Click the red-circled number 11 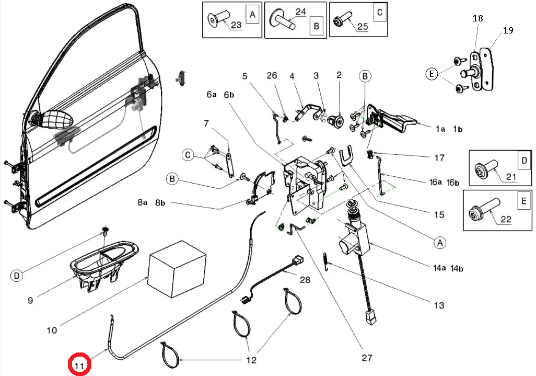coord(79,366)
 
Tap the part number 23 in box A coord(236,25)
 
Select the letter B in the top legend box coord(316,26)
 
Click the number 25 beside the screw coord(363,26)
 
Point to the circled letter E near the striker coord(432,74)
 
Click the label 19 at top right coord(508,30)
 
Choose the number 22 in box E coord(506,219)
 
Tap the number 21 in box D coord(511,177)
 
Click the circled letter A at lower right coord(440,243)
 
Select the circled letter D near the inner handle coord(17,276)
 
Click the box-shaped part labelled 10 coord(177,269)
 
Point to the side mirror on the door coord(53,119)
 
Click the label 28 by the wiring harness coord(305,280)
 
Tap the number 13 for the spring coord(439,305)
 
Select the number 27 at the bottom coord(367,358)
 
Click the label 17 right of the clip coord(439,158)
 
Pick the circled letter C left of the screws coord(188,155)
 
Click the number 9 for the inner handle coord(30,300)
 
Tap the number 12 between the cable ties coord(251,360)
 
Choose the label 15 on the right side coord(439,214)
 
